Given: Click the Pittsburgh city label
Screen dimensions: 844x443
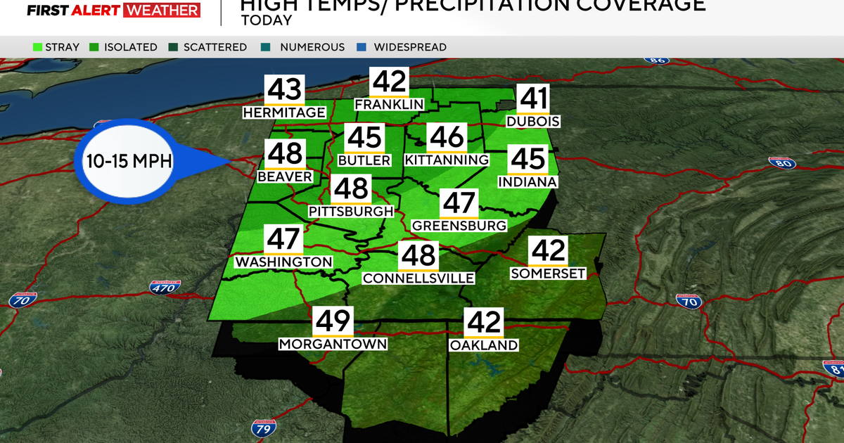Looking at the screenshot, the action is (x=350, y=211).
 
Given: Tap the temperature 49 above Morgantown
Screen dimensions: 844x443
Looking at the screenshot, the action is (x=333, y=321).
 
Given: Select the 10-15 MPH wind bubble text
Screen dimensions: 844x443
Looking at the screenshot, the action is (x=129, y=160).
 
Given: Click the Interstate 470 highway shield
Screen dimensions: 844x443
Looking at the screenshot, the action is (x=165, y=287).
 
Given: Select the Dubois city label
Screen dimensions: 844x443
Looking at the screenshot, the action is (x=532, y=122).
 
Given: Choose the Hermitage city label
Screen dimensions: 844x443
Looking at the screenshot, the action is (x=284, y=113).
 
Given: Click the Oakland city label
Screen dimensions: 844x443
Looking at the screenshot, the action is (x=484, y=345).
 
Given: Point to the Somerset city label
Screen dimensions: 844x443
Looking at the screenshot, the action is (x=548, y=274).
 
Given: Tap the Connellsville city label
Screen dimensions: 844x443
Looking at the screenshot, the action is (x=418, y=278).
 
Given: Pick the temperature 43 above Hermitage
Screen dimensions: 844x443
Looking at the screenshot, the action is (x=284, y=91).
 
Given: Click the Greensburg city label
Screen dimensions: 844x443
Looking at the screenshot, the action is (x=459, y=226).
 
